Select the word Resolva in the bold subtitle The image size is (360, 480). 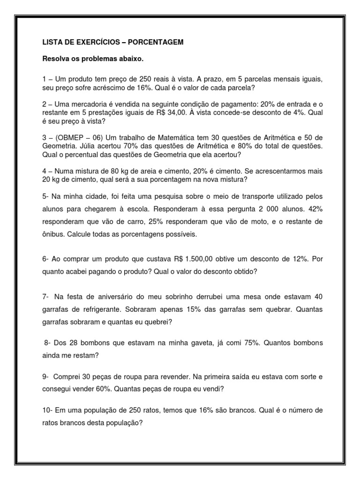pos(56,60)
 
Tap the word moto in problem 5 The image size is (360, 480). pos(252,221)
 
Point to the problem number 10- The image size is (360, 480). pos(47,410)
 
